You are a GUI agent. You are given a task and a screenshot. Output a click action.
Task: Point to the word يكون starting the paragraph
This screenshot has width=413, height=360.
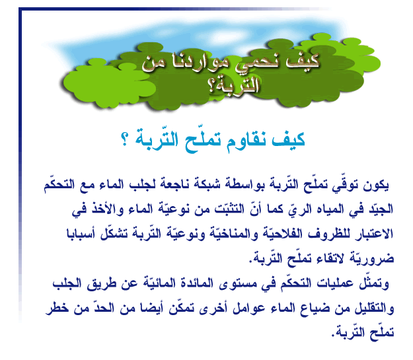(x=376, y=185)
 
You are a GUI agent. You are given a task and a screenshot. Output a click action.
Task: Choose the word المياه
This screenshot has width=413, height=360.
(x=330, y=209)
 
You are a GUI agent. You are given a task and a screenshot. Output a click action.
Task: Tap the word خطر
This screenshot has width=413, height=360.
(x=57, y=307)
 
